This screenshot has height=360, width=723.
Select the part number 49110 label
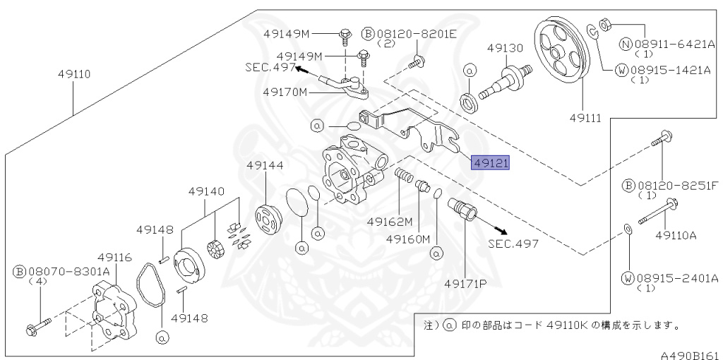click(x=74, y=73)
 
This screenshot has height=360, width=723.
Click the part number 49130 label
click(x=505, y=48)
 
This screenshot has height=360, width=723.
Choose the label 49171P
click(x=465, y=283)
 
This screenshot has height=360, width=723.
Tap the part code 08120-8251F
click(x=674, y=186)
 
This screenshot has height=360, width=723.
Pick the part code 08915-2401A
click(x=674, y=277)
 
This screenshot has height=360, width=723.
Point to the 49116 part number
click(x=114, y=257)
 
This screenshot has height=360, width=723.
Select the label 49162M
click(x=389, y=221)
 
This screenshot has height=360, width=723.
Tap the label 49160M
click(x=408, y=239)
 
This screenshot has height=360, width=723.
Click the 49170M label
click(x=285, y=92)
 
